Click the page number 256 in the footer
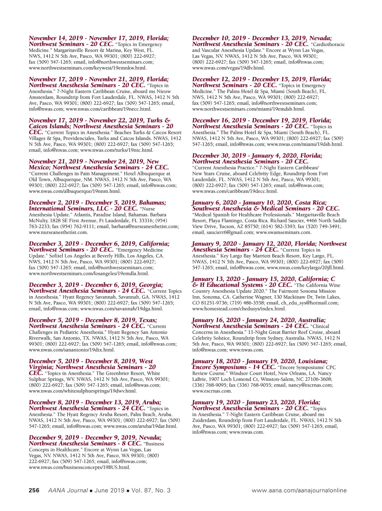[x=34, y=490]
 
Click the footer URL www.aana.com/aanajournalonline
[x=299, y=490]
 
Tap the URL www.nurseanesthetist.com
[x=58, y=232]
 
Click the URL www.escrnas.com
[x=212, y=391]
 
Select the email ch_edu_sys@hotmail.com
[x=310, y=303]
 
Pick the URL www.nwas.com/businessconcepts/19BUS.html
[x=79, y=467]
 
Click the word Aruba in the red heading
[x=151, y=402]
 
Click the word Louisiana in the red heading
[x=313, y=361]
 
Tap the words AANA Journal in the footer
[x=68, y=490]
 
